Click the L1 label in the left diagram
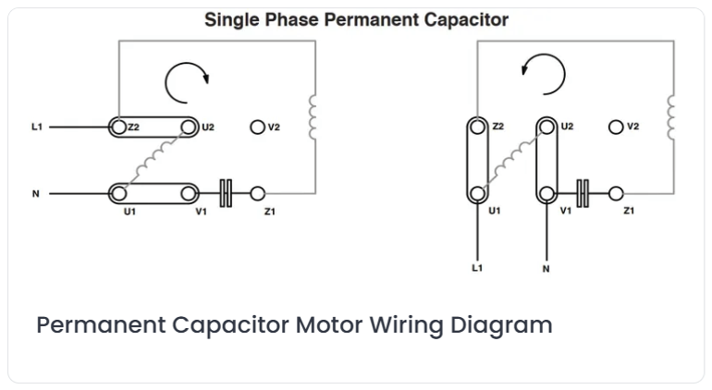37,128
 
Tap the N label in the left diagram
36,194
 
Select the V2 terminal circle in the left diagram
257,128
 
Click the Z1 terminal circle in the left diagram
257,194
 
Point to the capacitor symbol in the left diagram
226,194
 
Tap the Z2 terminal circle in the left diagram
118,128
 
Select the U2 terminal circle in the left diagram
189,128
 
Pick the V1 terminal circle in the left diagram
189,194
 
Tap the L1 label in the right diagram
477,268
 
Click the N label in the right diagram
546,269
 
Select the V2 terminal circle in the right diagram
616,128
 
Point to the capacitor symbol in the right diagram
583,194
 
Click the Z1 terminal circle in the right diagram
616,194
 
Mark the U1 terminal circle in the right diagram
477,194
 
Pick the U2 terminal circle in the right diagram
546,128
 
